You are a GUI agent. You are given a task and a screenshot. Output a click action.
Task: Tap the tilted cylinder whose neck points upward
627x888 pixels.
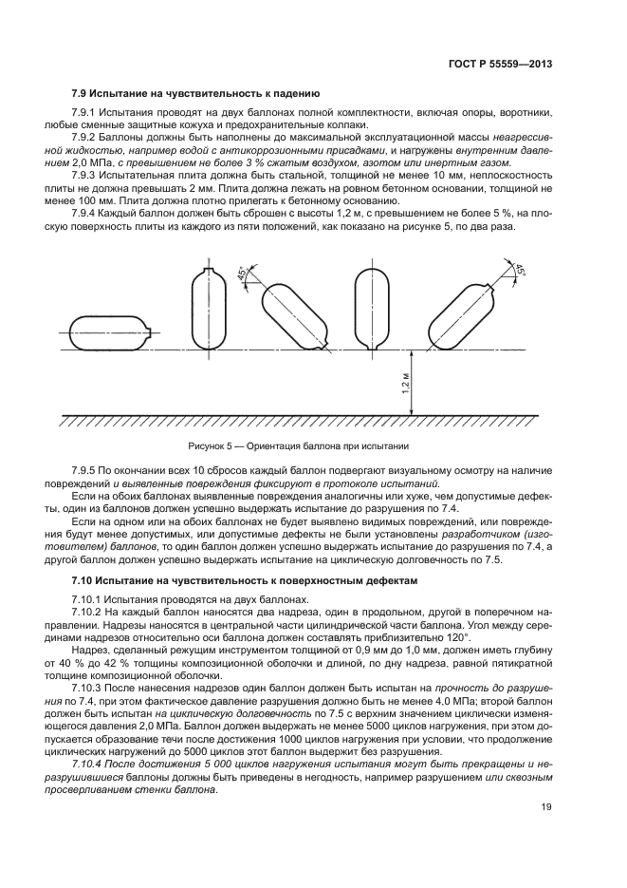pos(464,313)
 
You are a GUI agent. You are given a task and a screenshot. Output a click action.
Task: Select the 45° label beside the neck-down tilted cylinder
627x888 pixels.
pos(242,274)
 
